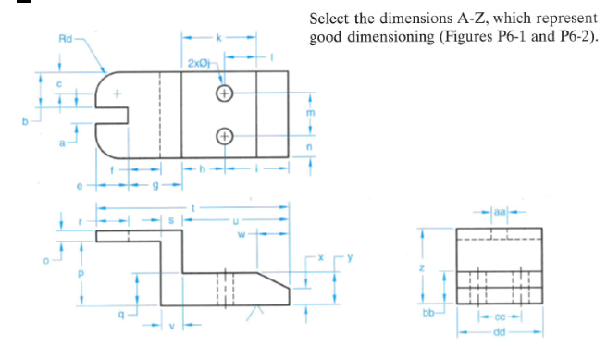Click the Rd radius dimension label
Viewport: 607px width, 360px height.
(x=64, y=40)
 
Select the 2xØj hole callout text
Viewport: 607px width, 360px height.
(x=198, y=62)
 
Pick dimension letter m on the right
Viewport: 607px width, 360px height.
(x=311, y=112)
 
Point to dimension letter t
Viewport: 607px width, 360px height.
(x=192, y=205)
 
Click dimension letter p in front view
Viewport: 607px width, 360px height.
(x=81, y=274)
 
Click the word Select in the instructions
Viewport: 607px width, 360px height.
(x=328, y=19)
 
